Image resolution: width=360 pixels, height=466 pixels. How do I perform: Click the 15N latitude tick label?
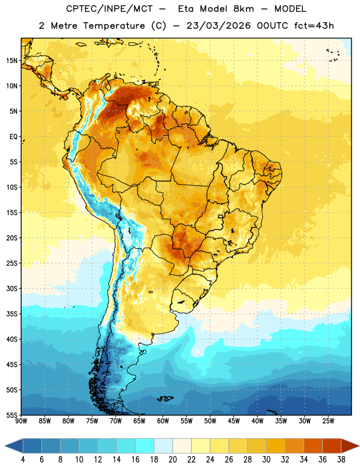point(12,61)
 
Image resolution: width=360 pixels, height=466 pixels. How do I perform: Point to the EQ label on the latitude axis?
point(13,137)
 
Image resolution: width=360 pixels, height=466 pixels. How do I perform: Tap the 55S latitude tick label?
point(12,415)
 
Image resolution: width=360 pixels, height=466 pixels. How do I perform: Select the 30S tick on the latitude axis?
point(12,288)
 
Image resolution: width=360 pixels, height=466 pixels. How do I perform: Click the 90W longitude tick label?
point(21,421)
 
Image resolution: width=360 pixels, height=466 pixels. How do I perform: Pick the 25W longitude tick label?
point(328,421)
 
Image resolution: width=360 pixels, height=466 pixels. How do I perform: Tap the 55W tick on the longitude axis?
point(186,421)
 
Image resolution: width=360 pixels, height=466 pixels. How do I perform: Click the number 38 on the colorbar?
point(341,460)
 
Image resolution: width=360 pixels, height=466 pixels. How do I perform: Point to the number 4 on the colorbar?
point(23,460)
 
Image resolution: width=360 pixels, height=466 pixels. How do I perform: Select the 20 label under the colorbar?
point(172,460)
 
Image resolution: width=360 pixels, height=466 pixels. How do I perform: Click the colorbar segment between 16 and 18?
point(145,446)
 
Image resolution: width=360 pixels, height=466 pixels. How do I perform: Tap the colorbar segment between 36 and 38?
point(332,446)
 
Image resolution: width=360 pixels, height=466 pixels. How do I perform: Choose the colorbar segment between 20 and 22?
point(182,446)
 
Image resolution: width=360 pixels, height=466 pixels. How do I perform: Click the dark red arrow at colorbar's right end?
point(350,446)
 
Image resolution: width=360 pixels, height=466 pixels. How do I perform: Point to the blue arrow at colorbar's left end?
point(13,446)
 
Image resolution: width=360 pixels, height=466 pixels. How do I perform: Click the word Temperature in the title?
point(114,26)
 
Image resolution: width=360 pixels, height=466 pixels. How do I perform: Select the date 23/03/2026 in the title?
point(219,26)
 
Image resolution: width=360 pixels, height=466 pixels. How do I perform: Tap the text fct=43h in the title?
point(314,26)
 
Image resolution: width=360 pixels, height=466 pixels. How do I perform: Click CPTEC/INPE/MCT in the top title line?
point(109,9)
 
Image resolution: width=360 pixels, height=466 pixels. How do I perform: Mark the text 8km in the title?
point(243,9)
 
